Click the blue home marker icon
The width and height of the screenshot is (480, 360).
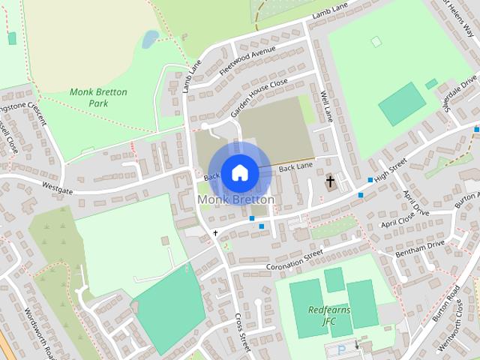point(238,172)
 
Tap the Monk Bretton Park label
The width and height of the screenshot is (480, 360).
point(98,97)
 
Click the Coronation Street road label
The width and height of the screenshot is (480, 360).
point(294,261)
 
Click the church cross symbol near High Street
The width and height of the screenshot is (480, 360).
point(329,181)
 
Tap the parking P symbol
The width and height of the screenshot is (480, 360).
point(342,349)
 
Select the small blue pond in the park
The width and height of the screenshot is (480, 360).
point(151,38)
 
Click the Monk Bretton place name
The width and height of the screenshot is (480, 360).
point(235,199)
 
